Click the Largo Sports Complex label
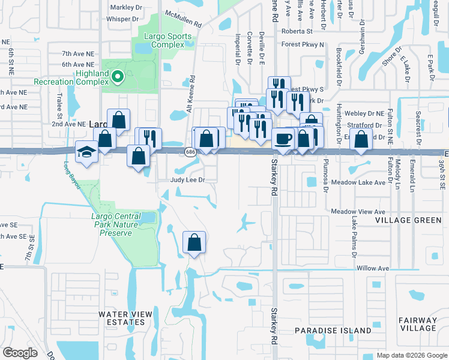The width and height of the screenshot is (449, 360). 163,40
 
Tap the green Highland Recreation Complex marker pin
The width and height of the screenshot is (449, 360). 118,76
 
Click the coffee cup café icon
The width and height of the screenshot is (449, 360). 283,139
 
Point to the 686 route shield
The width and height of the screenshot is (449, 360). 190,152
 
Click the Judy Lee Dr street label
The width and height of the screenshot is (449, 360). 188,179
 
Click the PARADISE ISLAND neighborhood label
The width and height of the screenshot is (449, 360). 333,331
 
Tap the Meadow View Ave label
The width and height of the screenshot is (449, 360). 358,212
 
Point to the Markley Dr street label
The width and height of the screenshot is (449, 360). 126,8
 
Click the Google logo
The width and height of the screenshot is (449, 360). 20,353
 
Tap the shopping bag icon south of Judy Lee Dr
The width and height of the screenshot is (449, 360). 194,243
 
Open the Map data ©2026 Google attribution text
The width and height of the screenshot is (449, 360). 411,355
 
